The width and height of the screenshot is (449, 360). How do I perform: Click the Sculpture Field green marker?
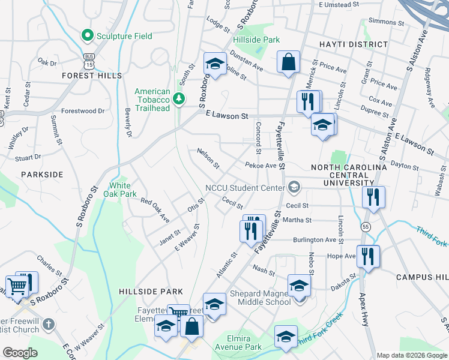click(88, 36)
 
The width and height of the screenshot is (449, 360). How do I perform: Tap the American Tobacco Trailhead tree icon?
click(178, 99)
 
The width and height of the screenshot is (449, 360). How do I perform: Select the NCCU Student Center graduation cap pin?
click(294, 187)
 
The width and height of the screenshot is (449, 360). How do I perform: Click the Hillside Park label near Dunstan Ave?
click(256, 40)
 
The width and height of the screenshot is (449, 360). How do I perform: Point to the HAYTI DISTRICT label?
click(354, 44)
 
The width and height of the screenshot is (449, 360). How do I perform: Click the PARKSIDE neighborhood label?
click(42, 174)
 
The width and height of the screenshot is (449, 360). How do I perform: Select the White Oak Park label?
click(120, 190)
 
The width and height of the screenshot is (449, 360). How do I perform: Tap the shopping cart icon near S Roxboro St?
click(19, 286)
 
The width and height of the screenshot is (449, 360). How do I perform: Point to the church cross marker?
click(49, 325)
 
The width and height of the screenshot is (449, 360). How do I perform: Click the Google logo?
click(20, 352)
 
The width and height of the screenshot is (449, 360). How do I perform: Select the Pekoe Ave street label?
click(261, 165)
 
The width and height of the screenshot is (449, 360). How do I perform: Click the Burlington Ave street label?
click(314, 239)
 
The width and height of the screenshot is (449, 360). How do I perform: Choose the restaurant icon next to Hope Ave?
click(368, 256)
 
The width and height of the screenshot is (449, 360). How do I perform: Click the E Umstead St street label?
click(339, 4)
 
